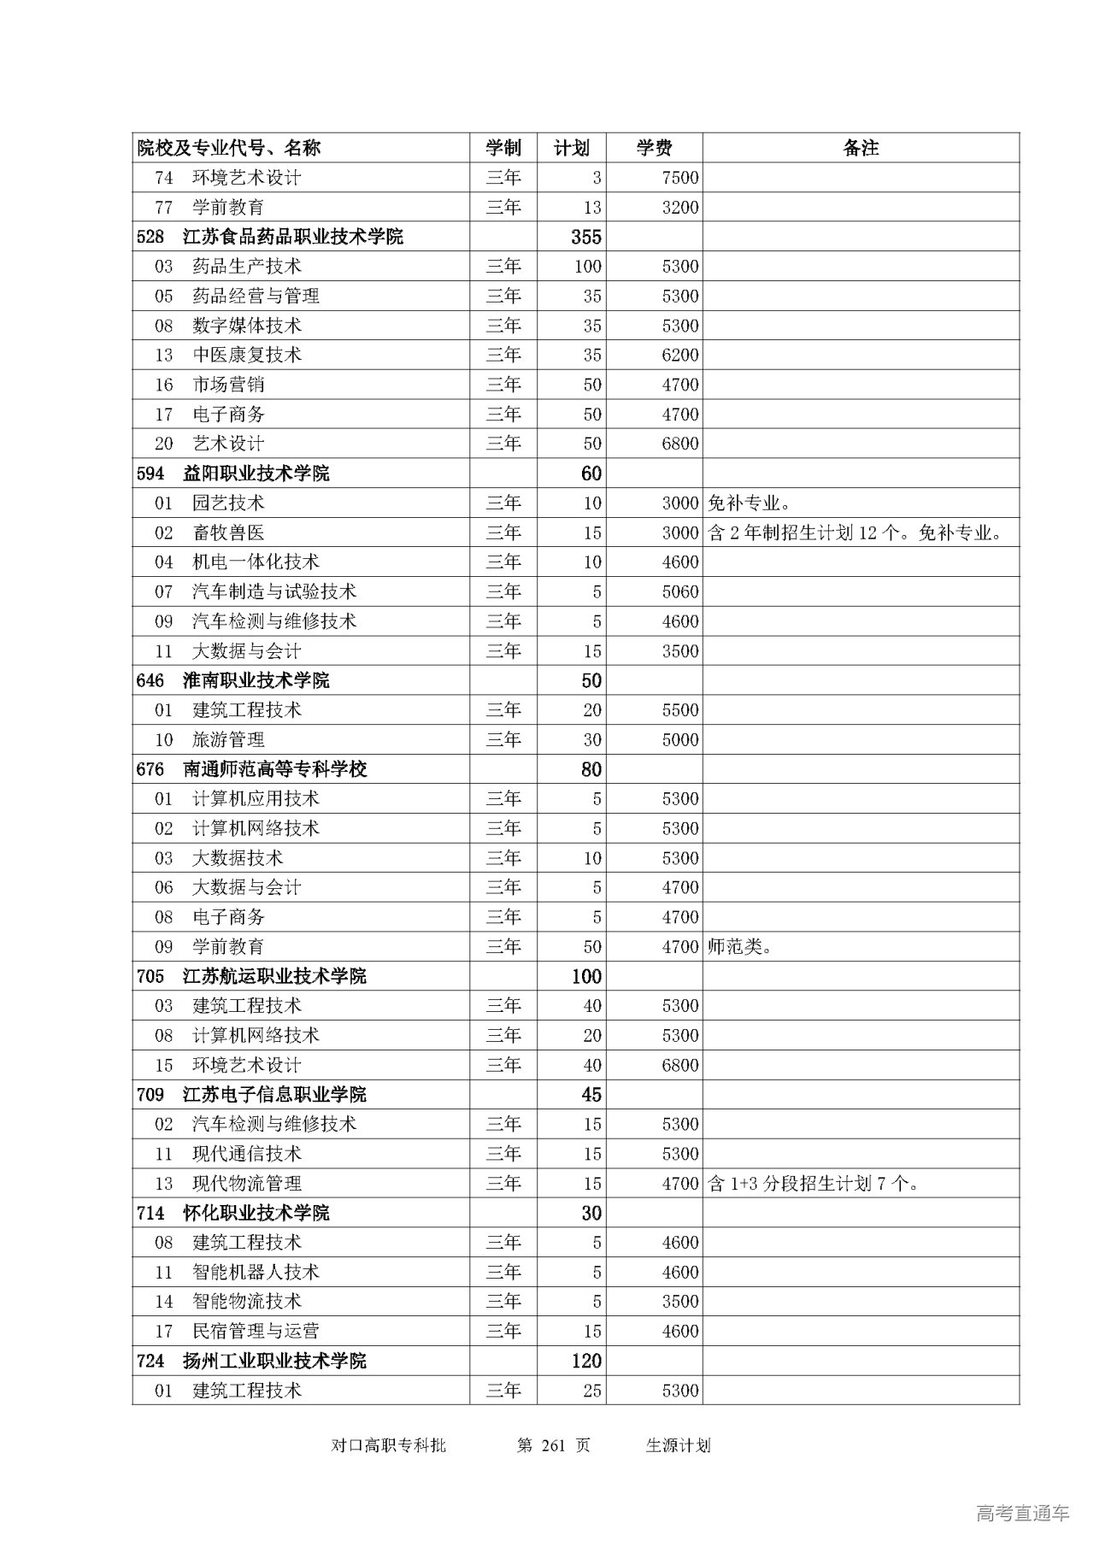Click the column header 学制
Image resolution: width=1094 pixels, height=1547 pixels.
pyautogui.click(x=503, y=148)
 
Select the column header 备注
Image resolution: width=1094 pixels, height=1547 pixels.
pyautogui.click(x=861, y=148)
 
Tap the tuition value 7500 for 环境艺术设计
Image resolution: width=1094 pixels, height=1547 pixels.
pyautogui.click(x=679, y=178)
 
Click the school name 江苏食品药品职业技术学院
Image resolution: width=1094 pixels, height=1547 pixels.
pyautogui.click(x=292, y=237)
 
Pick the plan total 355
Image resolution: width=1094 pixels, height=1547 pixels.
pyautogui.click(x=586, y=237)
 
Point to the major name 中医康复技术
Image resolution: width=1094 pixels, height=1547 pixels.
pyautogui.click(x=247, y=355)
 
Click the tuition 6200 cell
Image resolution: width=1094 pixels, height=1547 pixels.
pyautogui.click(x=679, y=355)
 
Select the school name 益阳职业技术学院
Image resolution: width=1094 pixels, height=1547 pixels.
pyautogui.click(x=256, y=474)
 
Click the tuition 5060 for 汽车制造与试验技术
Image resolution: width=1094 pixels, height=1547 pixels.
pyautogui.click(x=679, y=591)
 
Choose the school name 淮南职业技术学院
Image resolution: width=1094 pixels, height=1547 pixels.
pyautogui.click(x=256, y=680)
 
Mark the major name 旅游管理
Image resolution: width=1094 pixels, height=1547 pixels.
pyautogui.click(x=228, y=739)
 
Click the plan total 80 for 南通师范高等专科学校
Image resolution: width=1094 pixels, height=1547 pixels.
pyautogui.click(x=591, y=769)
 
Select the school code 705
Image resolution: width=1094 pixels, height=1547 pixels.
pyautogui.click(x=150, y=976)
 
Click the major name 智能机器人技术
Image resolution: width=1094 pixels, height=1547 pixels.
pyautogui.click(x=256, y=1272)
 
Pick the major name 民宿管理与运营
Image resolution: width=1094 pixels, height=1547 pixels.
pyautogui.click(x=256, y=1331)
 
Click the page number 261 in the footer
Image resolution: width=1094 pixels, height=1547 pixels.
pyautogui.click(x=554, y=1445)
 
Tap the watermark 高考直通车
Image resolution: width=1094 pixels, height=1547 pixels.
pyautogui.click(x=1022, y=1513)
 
